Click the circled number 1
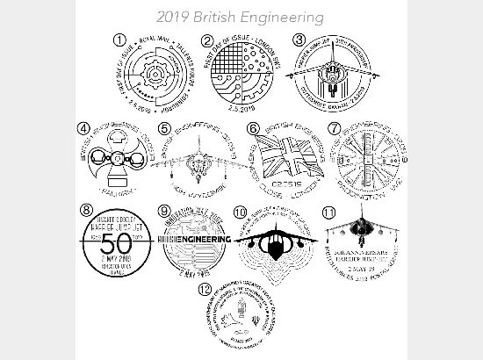click(x=119, y=40)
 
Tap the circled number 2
click(x=207, y=40)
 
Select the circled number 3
click(x=299, y=39)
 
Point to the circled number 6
click(x=253, y=129)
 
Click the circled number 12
click(x=205, y=288)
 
